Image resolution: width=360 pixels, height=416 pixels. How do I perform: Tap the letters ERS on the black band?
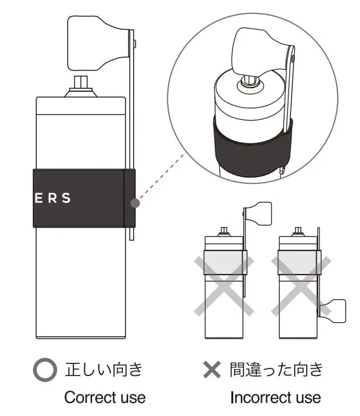point(53,197)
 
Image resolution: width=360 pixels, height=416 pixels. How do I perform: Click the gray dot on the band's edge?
point(134,203)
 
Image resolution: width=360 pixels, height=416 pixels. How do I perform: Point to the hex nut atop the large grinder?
point(80,83)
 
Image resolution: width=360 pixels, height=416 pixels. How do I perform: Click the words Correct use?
point(105,398)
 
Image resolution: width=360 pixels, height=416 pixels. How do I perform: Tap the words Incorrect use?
point(275,398)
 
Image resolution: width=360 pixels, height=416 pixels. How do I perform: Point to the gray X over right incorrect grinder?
point(300,284)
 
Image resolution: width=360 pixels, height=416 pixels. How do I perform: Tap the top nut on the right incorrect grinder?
point(299,232)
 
